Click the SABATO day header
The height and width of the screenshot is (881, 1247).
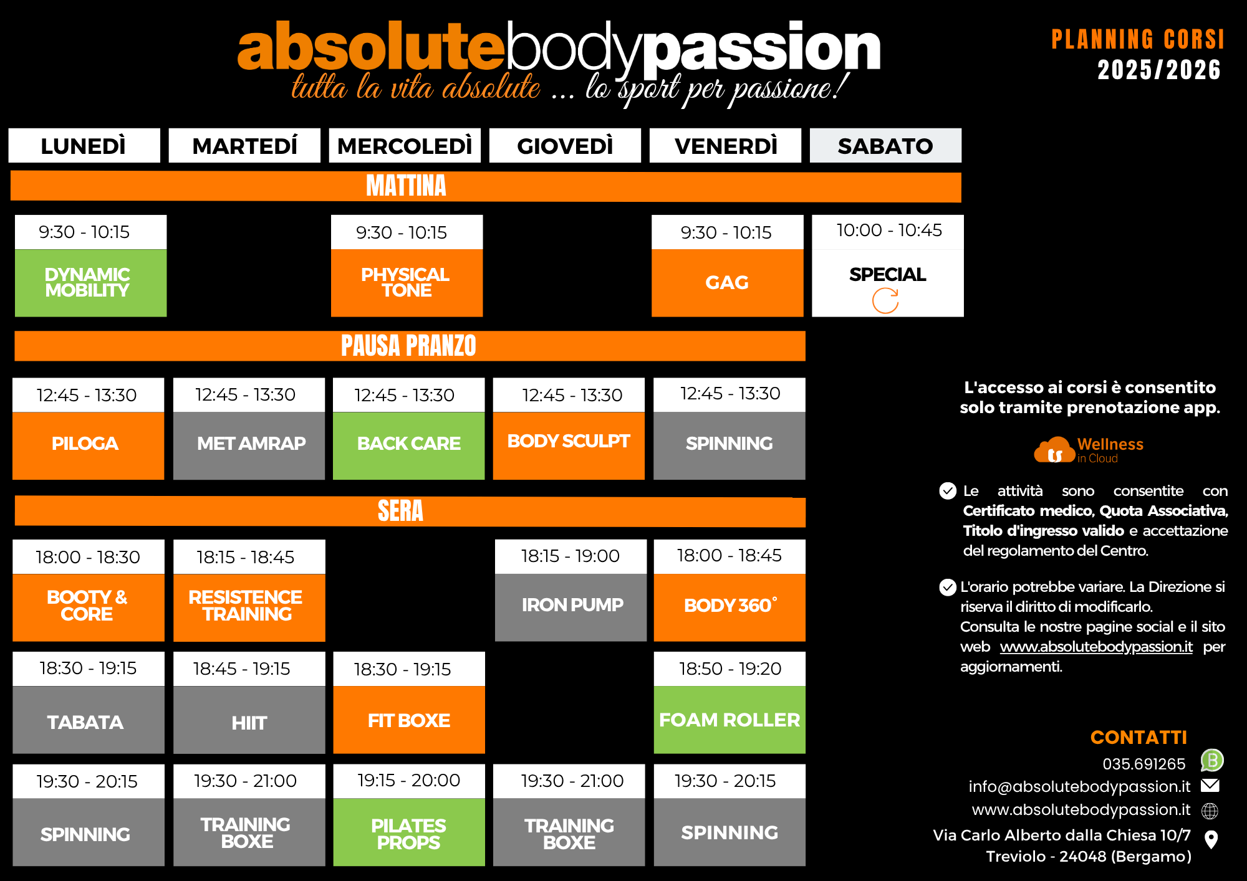(x=885, y=146)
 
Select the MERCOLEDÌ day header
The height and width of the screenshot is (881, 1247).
(x=405, y=146)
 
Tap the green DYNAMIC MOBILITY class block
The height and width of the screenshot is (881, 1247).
(x=91, y=283)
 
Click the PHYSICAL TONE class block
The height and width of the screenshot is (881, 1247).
(x=407, y=283)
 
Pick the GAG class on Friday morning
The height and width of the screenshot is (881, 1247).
(x=728, y=283)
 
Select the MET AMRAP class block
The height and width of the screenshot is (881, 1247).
(x=249, y=445)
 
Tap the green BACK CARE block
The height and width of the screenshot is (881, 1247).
(x=408, y=445)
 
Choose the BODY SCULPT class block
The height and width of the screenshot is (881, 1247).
(x=569, y=445)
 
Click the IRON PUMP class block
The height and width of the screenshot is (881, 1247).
(x=571, y=607)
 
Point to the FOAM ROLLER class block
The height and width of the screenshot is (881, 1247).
(x=729, y=720)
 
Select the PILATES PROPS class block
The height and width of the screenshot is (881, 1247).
(x=409, y=832)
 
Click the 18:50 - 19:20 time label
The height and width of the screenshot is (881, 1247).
(x=730, y=669)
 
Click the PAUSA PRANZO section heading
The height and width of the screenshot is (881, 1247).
(x=408, y=346)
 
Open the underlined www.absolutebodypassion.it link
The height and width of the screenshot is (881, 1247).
(x=1096, y=647)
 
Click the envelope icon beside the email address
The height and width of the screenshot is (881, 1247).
(x=1210, y=786)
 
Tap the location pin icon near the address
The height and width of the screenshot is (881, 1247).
(x=1211, y=839)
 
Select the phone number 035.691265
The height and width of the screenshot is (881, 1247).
(x=1144, y=764)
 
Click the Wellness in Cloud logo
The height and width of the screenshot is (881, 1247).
(x=1089, y=450)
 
